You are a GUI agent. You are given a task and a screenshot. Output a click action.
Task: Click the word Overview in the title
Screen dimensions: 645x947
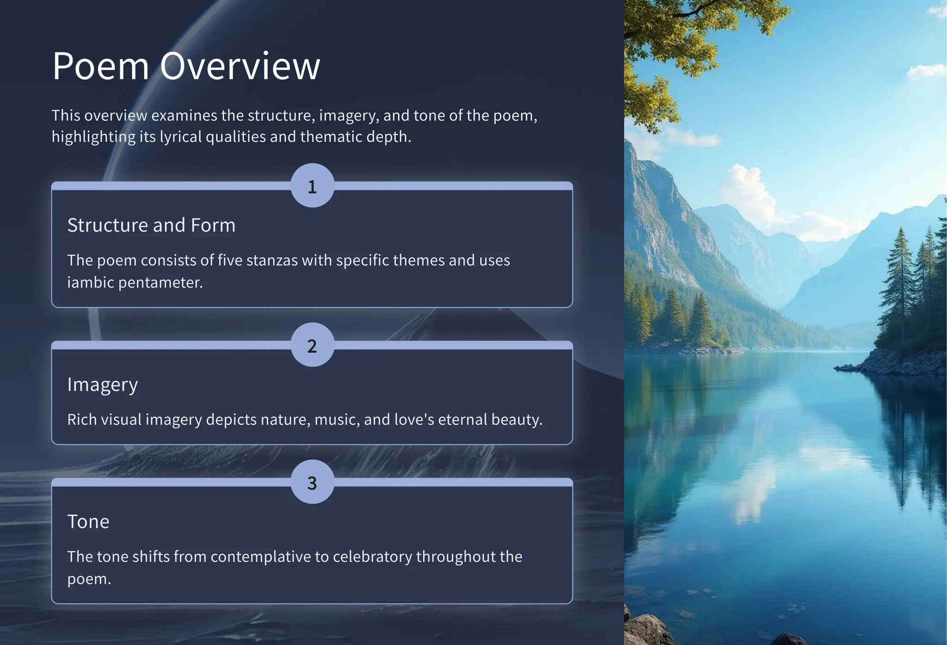(x=240, y=66)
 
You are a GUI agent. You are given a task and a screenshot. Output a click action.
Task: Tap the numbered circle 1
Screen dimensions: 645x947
(x=312, y=186)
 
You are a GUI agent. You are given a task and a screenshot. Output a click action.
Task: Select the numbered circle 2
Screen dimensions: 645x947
(x=312, y=345)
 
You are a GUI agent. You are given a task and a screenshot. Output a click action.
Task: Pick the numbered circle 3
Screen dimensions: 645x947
(x=312, y=482)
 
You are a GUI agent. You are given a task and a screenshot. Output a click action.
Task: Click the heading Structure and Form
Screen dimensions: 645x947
(x=151, y=225)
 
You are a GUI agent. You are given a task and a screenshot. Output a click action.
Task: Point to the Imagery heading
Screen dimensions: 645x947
(x=102, y=385)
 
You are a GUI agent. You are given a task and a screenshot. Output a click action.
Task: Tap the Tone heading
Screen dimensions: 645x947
(x=88, y=521)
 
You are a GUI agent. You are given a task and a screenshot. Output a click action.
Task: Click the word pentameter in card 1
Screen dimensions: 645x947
(x=160, y=282)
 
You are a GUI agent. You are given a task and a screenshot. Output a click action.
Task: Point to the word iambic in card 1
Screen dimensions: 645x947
(x=90, y=282)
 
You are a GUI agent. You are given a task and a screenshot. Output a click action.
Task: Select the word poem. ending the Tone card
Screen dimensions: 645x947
(x=89, y=579)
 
